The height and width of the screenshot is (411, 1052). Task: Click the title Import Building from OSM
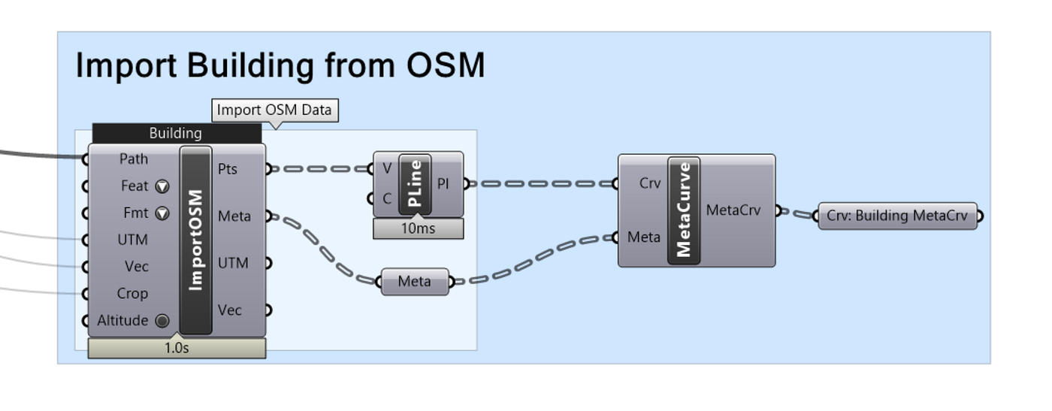click(280, 65)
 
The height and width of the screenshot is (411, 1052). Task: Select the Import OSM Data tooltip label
click(274, 110)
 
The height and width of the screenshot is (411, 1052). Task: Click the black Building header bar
click(176, 133)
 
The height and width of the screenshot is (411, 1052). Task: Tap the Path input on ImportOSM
click(134, 159)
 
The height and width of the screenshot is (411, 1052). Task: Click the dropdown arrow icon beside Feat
click(162, 186)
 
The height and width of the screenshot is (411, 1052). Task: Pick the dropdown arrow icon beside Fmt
click(162, 213)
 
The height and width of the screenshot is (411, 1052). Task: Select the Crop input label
click(132, 294)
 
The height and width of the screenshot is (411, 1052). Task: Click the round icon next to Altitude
click(162, 321)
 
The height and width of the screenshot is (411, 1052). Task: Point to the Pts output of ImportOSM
click(228, 169)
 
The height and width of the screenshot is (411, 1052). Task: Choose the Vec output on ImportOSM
click(230, 310)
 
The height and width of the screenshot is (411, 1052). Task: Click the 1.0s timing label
click(177, 349)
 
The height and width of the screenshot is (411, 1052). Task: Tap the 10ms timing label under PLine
click(418, 228)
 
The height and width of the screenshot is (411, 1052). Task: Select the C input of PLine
click(387, 199)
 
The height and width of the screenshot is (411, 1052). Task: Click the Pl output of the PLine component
click(443, 183)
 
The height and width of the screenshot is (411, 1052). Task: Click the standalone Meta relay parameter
click(414, 282)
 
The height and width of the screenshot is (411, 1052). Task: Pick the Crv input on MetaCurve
click(649, 183)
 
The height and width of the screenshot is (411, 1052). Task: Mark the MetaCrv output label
click(733, 210)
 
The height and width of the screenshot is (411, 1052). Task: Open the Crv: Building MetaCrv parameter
click(897, 216)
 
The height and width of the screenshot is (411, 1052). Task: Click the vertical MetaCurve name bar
click(683, 210)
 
